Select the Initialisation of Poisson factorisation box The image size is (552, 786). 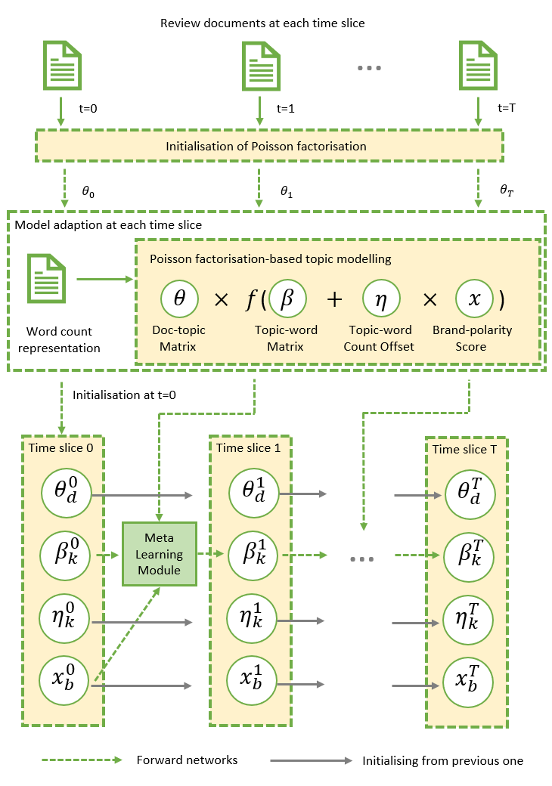(268, 146)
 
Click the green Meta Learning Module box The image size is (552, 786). (159, 552)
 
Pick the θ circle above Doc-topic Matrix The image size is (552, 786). (180, 299)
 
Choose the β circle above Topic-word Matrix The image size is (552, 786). (287, 299)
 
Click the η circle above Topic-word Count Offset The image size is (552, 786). (382, 299)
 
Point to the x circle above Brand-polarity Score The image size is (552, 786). (474, 299)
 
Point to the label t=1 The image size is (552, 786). (285, 108)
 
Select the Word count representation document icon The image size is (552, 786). (44, 279)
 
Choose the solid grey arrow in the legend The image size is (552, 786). (311, 760)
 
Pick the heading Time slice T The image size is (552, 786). (465, 449)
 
